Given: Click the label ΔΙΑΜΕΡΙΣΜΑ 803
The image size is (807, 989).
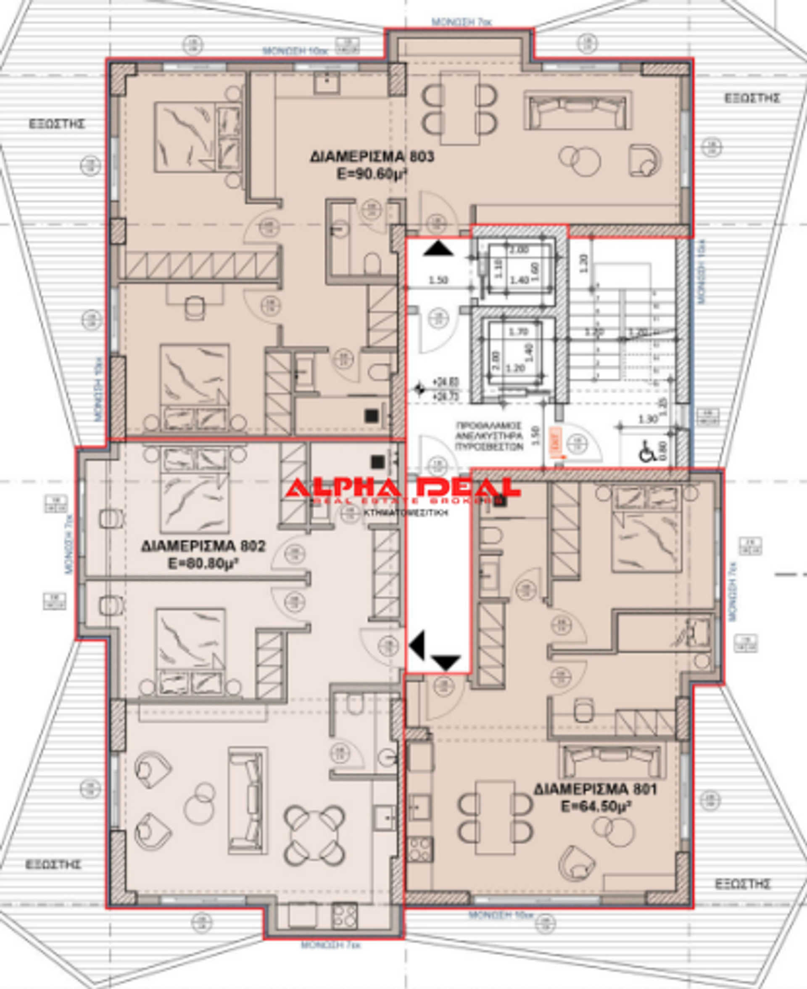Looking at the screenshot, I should click(372, 157).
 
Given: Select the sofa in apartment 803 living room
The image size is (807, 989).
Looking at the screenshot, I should click(578, 110).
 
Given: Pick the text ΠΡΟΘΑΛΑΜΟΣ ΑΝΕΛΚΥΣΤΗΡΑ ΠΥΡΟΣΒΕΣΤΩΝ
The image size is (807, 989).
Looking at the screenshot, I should click(489, 436).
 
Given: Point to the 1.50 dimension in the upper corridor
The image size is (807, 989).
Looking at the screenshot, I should click(438, 280).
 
